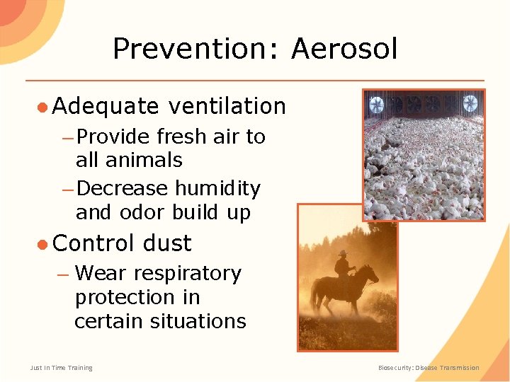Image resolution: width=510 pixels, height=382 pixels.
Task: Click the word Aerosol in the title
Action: (x=344, y=50)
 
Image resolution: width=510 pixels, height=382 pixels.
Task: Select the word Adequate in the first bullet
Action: (x=106, y=106)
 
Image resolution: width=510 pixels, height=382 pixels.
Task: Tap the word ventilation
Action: (x=227, y=106)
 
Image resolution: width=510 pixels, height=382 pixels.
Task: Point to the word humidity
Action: (x=217, y=189)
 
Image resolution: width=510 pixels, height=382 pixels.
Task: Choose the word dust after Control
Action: (x=167, y=243)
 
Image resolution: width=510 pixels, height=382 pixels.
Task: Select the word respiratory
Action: (x=187, y=274)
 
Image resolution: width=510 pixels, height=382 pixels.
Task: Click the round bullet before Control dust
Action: (x=42, y=244)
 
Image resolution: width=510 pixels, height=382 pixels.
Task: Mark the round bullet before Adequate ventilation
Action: (x=42, y=107)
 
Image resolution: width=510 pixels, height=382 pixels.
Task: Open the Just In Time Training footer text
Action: (x=61, y=368)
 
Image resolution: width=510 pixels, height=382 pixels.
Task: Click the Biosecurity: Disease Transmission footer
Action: (x=428, y=368)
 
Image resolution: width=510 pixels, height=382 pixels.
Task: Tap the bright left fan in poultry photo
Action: (x=377, y=105)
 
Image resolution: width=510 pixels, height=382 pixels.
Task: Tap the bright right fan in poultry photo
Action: (x=470, y=103)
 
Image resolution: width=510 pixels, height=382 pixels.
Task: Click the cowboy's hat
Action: (x=342, y=253)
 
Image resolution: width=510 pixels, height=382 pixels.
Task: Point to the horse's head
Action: (x=372, y=272)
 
